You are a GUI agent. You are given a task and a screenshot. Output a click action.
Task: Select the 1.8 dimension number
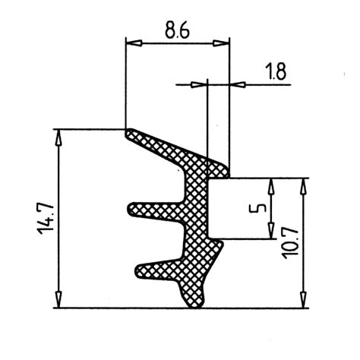click(276, 72)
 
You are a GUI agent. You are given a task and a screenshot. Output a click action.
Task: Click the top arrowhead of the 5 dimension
click(270, 185)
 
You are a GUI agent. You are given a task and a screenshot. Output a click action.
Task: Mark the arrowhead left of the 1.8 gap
click(201, 84)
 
